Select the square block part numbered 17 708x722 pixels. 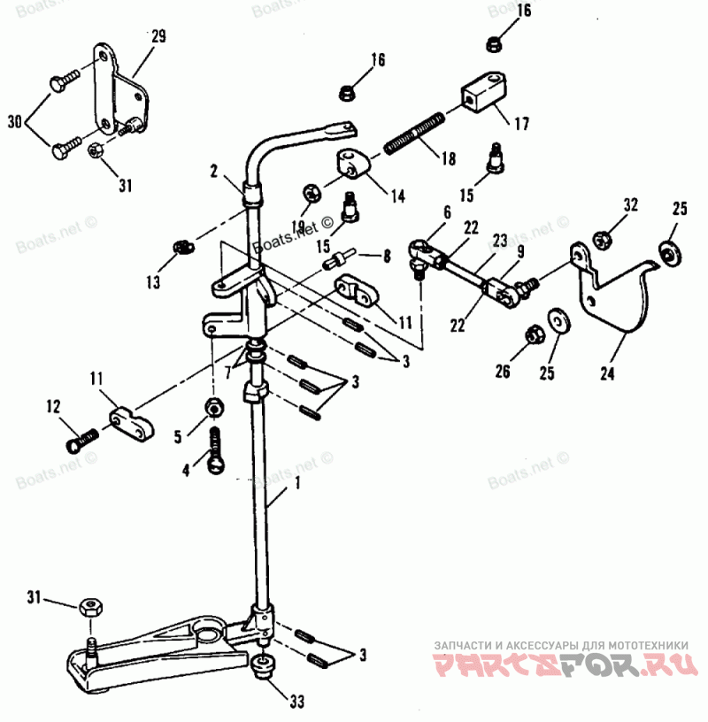[483, 93]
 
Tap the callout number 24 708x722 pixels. [606, 373]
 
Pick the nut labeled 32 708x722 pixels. [601, 238]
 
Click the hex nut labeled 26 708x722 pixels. [535, 334]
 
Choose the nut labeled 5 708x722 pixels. [214, 407]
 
